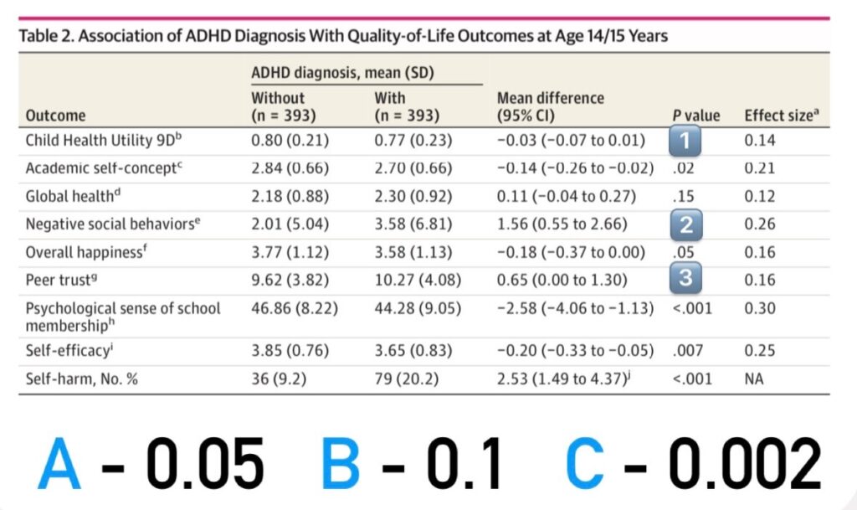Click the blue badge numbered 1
685,141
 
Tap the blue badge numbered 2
686,224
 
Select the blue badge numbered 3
685,278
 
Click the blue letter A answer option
59,464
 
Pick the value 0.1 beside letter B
464,464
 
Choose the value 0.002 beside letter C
744,464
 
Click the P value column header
695,116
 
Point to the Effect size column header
782,116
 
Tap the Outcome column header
56,116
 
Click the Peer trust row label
61,280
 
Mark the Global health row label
73,196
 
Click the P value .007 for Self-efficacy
688,350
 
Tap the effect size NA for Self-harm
754,379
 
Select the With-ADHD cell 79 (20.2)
406,379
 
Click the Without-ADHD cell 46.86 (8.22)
295,308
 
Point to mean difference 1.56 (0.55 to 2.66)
562,224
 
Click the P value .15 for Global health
683,196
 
